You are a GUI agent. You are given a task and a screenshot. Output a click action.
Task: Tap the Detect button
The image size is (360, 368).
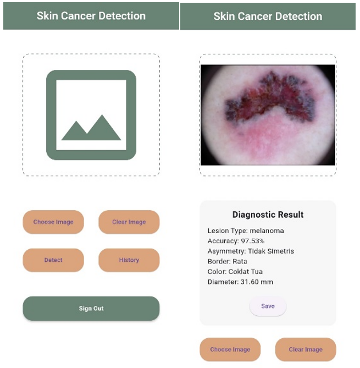[53, 260]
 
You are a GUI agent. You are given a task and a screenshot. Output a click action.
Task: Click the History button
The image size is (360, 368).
[129, 260]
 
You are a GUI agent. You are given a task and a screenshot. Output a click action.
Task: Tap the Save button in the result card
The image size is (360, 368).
[268, 306]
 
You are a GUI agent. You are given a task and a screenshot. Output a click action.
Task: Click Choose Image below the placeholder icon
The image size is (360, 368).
[53, 222]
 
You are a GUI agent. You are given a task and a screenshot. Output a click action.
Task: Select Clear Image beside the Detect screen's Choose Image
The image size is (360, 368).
[129, 222]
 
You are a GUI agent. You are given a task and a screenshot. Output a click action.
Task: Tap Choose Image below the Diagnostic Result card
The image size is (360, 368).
[230, 349]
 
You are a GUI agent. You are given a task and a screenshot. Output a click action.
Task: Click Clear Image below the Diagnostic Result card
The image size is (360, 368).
[306, 349]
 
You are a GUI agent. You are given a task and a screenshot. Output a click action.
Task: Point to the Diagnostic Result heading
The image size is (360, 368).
[268, 215]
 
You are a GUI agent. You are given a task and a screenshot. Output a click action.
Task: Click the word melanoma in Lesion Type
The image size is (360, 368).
[267, 230]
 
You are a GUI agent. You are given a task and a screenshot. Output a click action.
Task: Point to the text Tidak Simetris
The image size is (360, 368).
[271, 251]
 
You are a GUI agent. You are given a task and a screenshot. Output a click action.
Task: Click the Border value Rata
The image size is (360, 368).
[240, 261]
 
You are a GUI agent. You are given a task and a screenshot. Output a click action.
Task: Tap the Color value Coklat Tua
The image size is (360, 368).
[246, 272]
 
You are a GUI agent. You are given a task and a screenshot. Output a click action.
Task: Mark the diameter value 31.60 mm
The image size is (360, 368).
[257, 282]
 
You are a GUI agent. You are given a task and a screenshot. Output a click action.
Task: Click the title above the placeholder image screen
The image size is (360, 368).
[91, 16]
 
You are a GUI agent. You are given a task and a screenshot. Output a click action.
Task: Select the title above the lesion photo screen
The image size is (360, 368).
[268, 17]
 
